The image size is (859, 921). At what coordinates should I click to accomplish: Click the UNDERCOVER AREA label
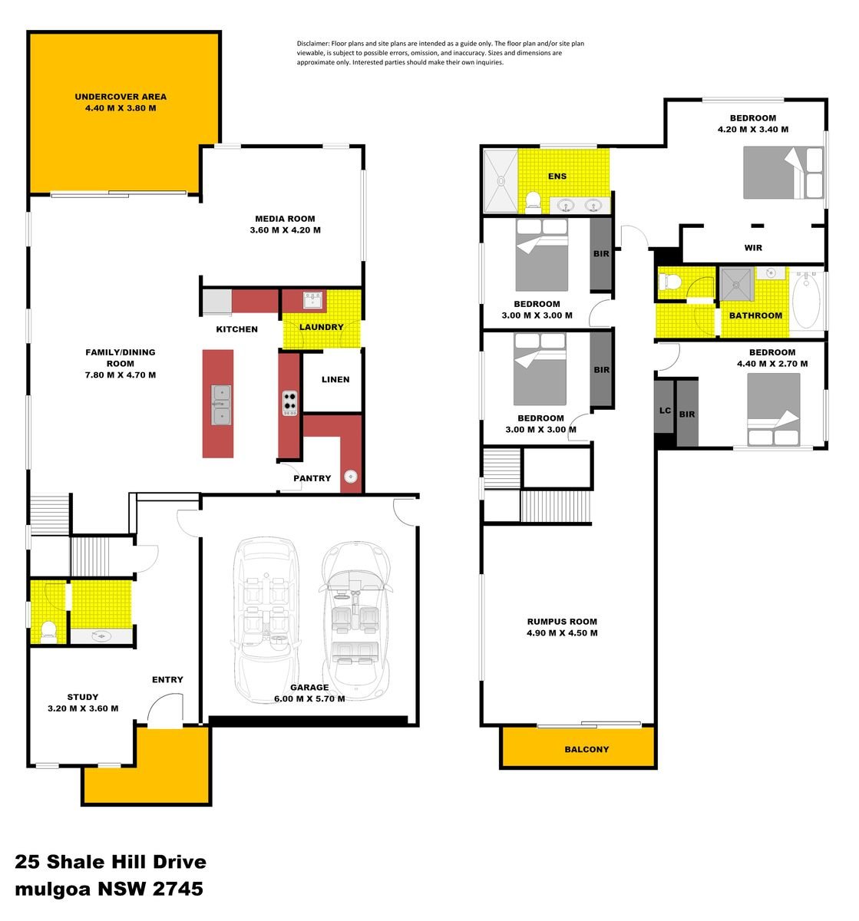pyautogui.click(x=121, y=97)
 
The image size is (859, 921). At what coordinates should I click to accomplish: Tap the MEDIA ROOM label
pyautogui.click(x=285, y=219)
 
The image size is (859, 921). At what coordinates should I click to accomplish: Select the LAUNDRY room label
pyautogui.click(x=321, y=327)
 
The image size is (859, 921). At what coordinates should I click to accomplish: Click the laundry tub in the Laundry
pyautogui.click(x=312, y=299)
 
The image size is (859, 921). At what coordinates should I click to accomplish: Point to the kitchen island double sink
pyautogui.click(x=221, y=404)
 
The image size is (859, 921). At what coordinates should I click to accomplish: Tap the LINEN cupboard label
pyautogui.click(x=335, y=379)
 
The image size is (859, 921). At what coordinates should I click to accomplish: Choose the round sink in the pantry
pyautogui.click(x=351, y=477)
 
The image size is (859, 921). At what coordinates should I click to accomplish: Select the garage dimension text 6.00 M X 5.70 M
pyautogui.click(x=309, y=699)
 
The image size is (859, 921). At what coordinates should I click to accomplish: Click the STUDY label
pyautogui.click(x=82, y=698)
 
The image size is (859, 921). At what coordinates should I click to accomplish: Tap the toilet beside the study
pyautogui.click(x=48, y=631)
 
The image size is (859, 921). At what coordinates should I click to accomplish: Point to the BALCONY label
pyautogui.click(x=586, y=749)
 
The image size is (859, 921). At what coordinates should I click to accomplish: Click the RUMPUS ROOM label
pyautogui.click(x=562, y=622)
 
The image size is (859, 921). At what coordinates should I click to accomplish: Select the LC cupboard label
pyautogui.click(x=665, y=411)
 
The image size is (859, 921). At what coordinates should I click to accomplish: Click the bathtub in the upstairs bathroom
pyautogui.click(x=807, y=301)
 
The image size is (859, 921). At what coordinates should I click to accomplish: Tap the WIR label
pyautogui.click(x=753, y=248)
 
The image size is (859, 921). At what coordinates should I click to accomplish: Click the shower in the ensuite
pyautogui.click(x=501, y=181)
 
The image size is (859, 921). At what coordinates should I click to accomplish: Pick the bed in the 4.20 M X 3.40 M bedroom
pyautogui.click(x=783, y=173)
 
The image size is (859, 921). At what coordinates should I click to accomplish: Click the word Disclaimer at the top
pyautogui.click(x=313, y=44)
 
